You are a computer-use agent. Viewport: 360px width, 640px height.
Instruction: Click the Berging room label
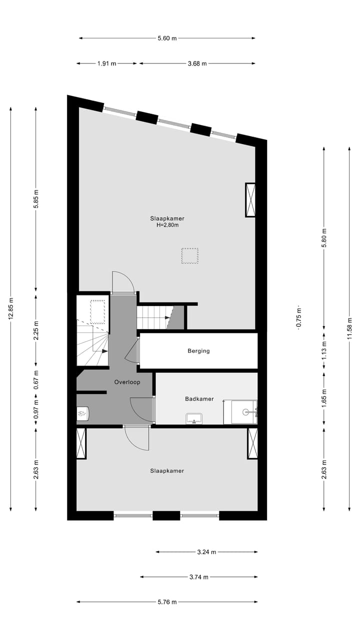pyautogui.click(x=198, y=351)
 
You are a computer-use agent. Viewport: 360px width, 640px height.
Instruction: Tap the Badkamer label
pyautogui.click(x=199, y=399)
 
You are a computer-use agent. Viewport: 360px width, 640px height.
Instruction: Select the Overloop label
pyautogui.click(x=127, y=382)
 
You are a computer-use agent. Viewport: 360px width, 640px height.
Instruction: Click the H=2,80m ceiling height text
pyautogui.click(x=167, y=225)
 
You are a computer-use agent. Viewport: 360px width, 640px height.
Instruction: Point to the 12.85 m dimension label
pyautogui.click(x=11, y=310)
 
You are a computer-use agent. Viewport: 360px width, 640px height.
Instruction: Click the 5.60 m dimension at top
pyautogui.click(x=167, y=38)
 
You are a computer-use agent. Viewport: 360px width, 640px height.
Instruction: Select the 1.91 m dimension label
pyautogui.click(x=106, y=63)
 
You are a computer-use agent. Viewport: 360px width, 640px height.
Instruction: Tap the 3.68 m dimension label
pyautogui.click(x=197, y=63)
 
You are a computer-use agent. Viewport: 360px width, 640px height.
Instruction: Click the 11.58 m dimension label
pyautogui.click(x=349, y=328)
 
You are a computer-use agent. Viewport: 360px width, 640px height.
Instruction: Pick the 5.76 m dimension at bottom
pyautogui.click(x=167, y=602)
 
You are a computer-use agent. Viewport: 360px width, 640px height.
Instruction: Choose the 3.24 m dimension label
pyautogui.click(x=206, y=552)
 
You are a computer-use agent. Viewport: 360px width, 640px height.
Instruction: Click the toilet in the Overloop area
pyautogui.click(x=82, y=414)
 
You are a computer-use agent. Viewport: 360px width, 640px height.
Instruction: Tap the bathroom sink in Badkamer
pyautogui.click(x=193, y=418)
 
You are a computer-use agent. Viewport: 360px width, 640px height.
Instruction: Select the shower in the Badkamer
pyautogui.click(x=240, y=412)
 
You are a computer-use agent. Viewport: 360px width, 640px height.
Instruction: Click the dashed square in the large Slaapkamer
pyautogui.click(x=189, y=255)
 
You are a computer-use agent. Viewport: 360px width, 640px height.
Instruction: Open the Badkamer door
pyautogui.click(x=142, y=409)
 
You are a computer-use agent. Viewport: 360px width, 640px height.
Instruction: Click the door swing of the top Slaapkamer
pyautogui.click(x=122, y=281)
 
